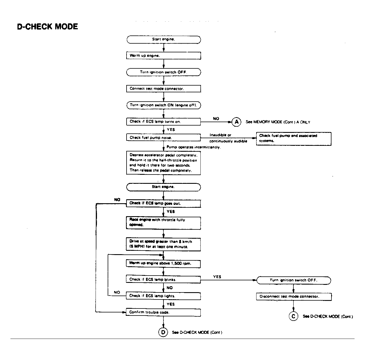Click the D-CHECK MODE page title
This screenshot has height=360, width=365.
coord(47,27)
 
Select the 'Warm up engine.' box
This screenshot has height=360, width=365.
coord(163,55)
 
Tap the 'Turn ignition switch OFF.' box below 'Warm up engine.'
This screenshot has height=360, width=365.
coord(163,72)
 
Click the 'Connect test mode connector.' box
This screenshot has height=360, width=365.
coord(163,89)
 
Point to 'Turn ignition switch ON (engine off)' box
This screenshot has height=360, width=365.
coord(163,105)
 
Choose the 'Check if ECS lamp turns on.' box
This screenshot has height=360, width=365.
coord(163,122)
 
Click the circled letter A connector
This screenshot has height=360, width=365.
coord(236,122)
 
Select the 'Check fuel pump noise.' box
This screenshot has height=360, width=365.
coord(163,138)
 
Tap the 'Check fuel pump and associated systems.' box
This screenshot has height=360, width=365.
coord(293,138)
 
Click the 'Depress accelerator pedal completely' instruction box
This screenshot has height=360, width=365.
coord(163,163)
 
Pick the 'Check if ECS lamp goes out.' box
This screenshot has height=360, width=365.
coord(163,203)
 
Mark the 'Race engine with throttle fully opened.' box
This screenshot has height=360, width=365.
coord(163,222)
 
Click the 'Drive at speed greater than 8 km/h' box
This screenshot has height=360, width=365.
coord(163,244)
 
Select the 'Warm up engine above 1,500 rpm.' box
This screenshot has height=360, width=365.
coord(163,263)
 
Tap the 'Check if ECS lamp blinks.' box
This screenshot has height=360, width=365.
coord(163,279)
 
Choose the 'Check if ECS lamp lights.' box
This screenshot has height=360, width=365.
coord(163,296)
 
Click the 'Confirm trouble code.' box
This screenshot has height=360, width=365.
coord(163,312)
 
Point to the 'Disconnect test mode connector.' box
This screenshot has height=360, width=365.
coord(293,296)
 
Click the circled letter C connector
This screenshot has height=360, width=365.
coord(293,316)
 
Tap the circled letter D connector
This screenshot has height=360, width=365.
coord(163,332)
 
